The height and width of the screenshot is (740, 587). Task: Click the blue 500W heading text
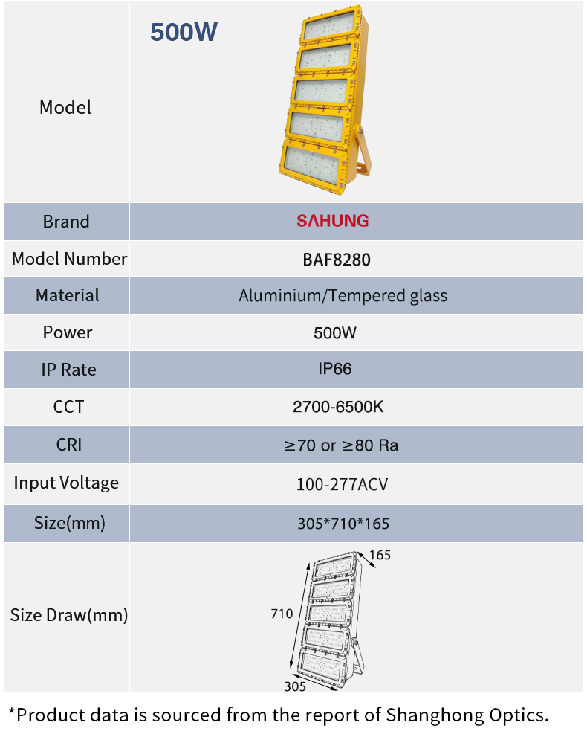coord(184,32)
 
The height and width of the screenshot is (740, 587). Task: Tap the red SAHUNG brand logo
coord(332,221)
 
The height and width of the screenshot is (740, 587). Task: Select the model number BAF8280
coord(336,260)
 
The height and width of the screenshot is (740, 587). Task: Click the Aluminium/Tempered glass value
coord(343,296)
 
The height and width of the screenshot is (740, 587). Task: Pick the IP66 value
coord(335,369)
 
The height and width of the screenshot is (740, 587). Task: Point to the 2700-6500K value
coord(338,406)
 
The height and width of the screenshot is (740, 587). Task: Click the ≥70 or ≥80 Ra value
coord(341,445)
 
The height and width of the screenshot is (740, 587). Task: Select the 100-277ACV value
coord(342,484)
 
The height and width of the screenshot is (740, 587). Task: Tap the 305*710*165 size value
coord(343,524)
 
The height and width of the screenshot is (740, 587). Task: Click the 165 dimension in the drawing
coord(380,555)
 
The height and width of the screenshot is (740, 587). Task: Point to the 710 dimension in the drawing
coord(282,614)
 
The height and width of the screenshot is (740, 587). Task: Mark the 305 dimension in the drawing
coord(295,686)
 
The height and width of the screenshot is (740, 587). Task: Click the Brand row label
coord(66,222)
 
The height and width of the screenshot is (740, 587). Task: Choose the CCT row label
coord(68,406)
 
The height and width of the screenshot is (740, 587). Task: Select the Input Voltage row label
coord(66,483)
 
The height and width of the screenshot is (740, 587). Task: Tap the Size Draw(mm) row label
coord(69,615)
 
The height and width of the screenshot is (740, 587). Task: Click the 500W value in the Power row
coord(335,332)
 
